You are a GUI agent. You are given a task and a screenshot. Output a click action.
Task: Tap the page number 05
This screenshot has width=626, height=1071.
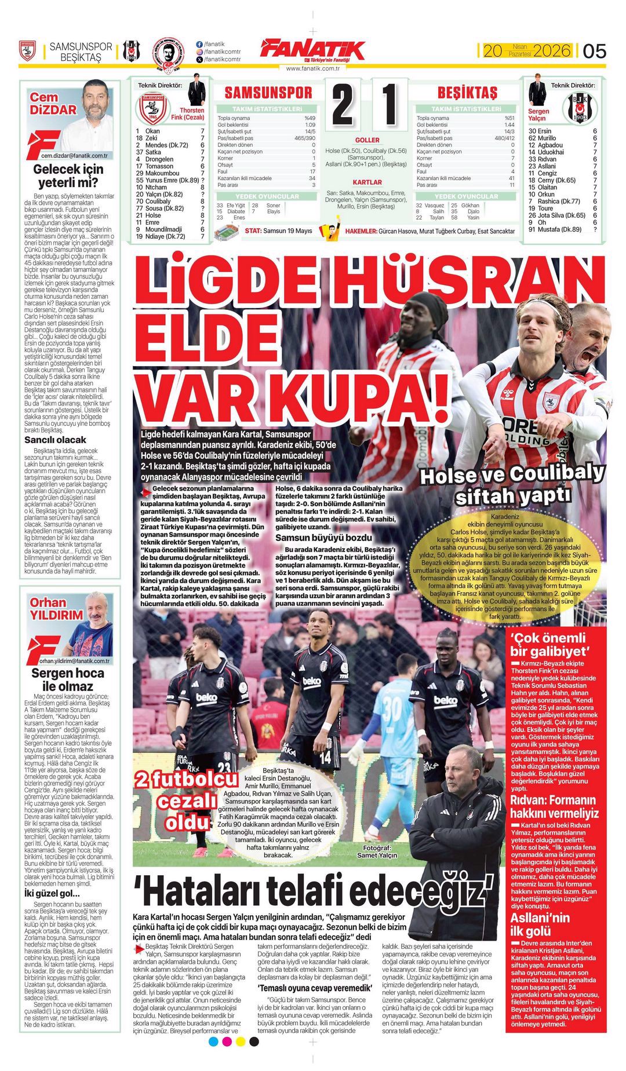[594, 51]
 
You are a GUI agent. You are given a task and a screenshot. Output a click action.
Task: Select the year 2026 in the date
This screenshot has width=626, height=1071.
[552, 51]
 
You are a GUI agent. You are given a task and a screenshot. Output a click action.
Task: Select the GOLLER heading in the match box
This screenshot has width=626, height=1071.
[367, 140]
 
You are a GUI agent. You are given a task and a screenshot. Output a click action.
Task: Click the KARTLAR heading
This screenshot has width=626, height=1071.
[367, 182]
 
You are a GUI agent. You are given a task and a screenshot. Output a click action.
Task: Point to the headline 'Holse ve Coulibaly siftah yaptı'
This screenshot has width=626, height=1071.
[512, 484]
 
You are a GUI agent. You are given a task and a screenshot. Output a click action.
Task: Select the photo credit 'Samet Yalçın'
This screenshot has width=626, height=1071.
[377, 855]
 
